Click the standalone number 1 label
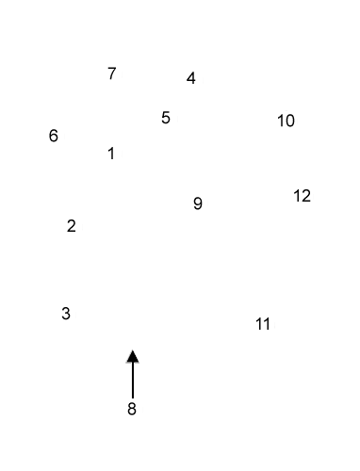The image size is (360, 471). [111, 154]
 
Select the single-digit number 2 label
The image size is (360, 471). [72, 226]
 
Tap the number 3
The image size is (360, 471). [66, 314]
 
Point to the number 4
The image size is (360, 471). [191, 78]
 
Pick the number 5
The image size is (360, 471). [166, 118]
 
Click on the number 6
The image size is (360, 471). [54, 136]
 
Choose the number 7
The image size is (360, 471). [112, 73]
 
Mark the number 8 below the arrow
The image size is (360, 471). [132, 409]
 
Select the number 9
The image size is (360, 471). [198, 203]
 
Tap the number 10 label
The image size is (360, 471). [286, 121]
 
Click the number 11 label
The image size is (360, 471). [263, 324]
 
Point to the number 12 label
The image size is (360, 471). [302, 196]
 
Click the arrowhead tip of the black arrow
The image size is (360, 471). [133, 351]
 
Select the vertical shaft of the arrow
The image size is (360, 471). [133, 379]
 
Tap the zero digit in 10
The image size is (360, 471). [290, 121]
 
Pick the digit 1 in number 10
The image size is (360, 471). [281, 121]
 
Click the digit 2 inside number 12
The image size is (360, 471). [306, 196]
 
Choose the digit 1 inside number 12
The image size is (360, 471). [297, 196]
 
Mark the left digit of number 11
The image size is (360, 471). [258, 324]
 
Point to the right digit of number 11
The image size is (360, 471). [268, 324]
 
